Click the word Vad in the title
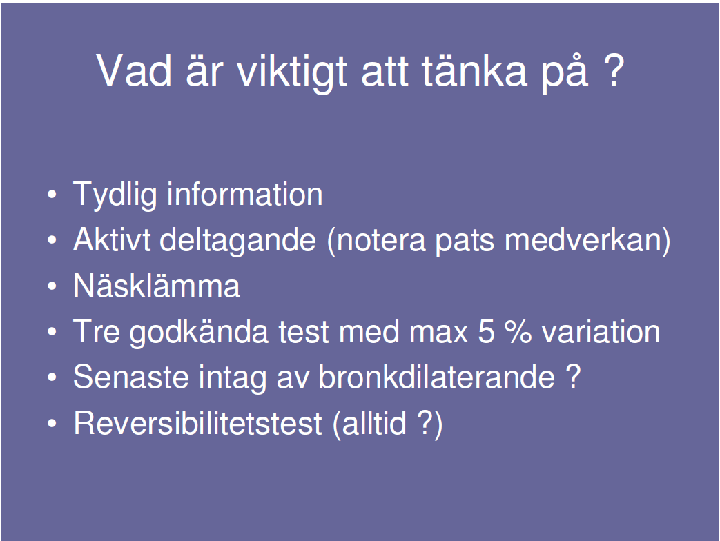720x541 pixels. pyautogui.click(x=134, y=70)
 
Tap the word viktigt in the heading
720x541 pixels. pyautogui.click(x=291, y=72)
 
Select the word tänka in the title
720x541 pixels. pyautogui.click(x=474, y=70)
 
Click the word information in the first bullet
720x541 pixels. pyautogui.click(x=245, y=194)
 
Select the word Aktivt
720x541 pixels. pyautogui.click(x=112, y=239)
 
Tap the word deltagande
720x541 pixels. pyautogui.click(x=238, y=241)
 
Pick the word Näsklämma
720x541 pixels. pyautogui.click(x=157, y=285)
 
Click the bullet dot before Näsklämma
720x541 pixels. pyautogui.click(x=52, y=286)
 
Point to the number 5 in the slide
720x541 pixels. pyautogui.click(x=486, y=331)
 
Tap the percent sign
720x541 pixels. pyautogui.click(x=518, y=331)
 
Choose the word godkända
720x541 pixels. pyautogui.click(x=199, y=333)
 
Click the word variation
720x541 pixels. pyautogui.click(x=601, y=331)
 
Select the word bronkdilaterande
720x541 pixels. pyautogui.click(x=436, y=377)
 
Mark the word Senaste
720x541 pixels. pyautogui.click(x=131, y=377)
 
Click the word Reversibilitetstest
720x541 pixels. pyautogui.click(x=198, y=422)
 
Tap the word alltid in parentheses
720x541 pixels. pyautogui.click(x=374, y=422)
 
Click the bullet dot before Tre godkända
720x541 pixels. pyautogui.click(x=52, y=331)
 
